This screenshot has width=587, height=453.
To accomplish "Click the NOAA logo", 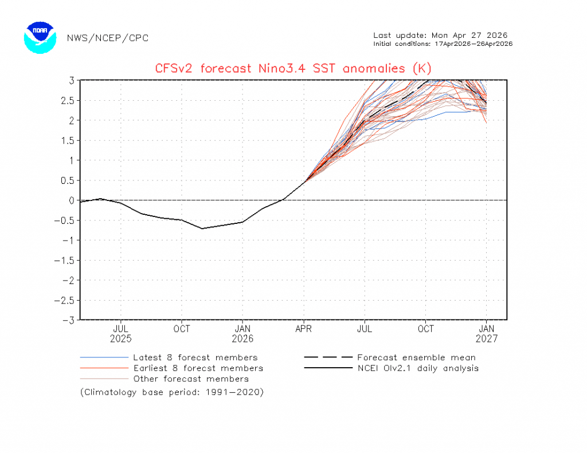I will tap(40, 38).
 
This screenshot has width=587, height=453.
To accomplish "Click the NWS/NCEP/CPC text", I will tap(108, 38).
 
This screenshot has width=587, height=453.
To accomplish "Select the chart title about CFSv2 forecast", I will tap(293, 69).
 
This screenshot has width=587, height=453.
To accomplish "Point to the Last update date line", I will tap(440, 36).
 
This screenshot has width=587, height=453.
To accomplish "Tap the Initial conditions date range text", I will tap(443, 44).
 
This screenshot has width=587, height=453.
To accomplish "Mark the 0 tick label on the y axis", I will tap(72, 200).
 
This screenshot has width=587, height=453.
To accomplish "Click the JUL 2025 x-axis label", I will tap(120, 333).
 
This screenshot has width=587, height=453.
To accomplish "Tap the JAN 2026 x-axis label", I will tap(242, 333).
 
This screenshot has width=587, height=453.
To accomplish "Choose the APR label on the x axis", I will tap(304, 329).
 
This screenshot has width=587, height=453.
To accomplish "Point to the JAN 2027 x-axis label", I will tap(487, 333).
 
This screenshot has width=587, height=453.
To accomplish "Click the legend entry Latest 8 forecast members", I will tap(195, 358).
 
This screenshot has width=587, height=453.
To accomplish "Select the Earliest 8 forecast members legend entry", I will tap(198, 368).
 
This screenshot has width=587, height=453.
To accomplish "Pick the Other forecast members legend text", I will tap(191, 379).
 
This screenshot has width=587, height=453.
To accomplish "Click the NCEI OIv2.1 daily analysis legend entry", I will tap(417, 368).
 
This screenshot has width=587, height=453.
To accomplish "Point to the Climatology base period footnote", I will tap(172, 392).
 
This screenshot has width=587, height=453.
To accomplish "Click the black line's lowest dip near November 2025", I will tap(202, 229).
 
